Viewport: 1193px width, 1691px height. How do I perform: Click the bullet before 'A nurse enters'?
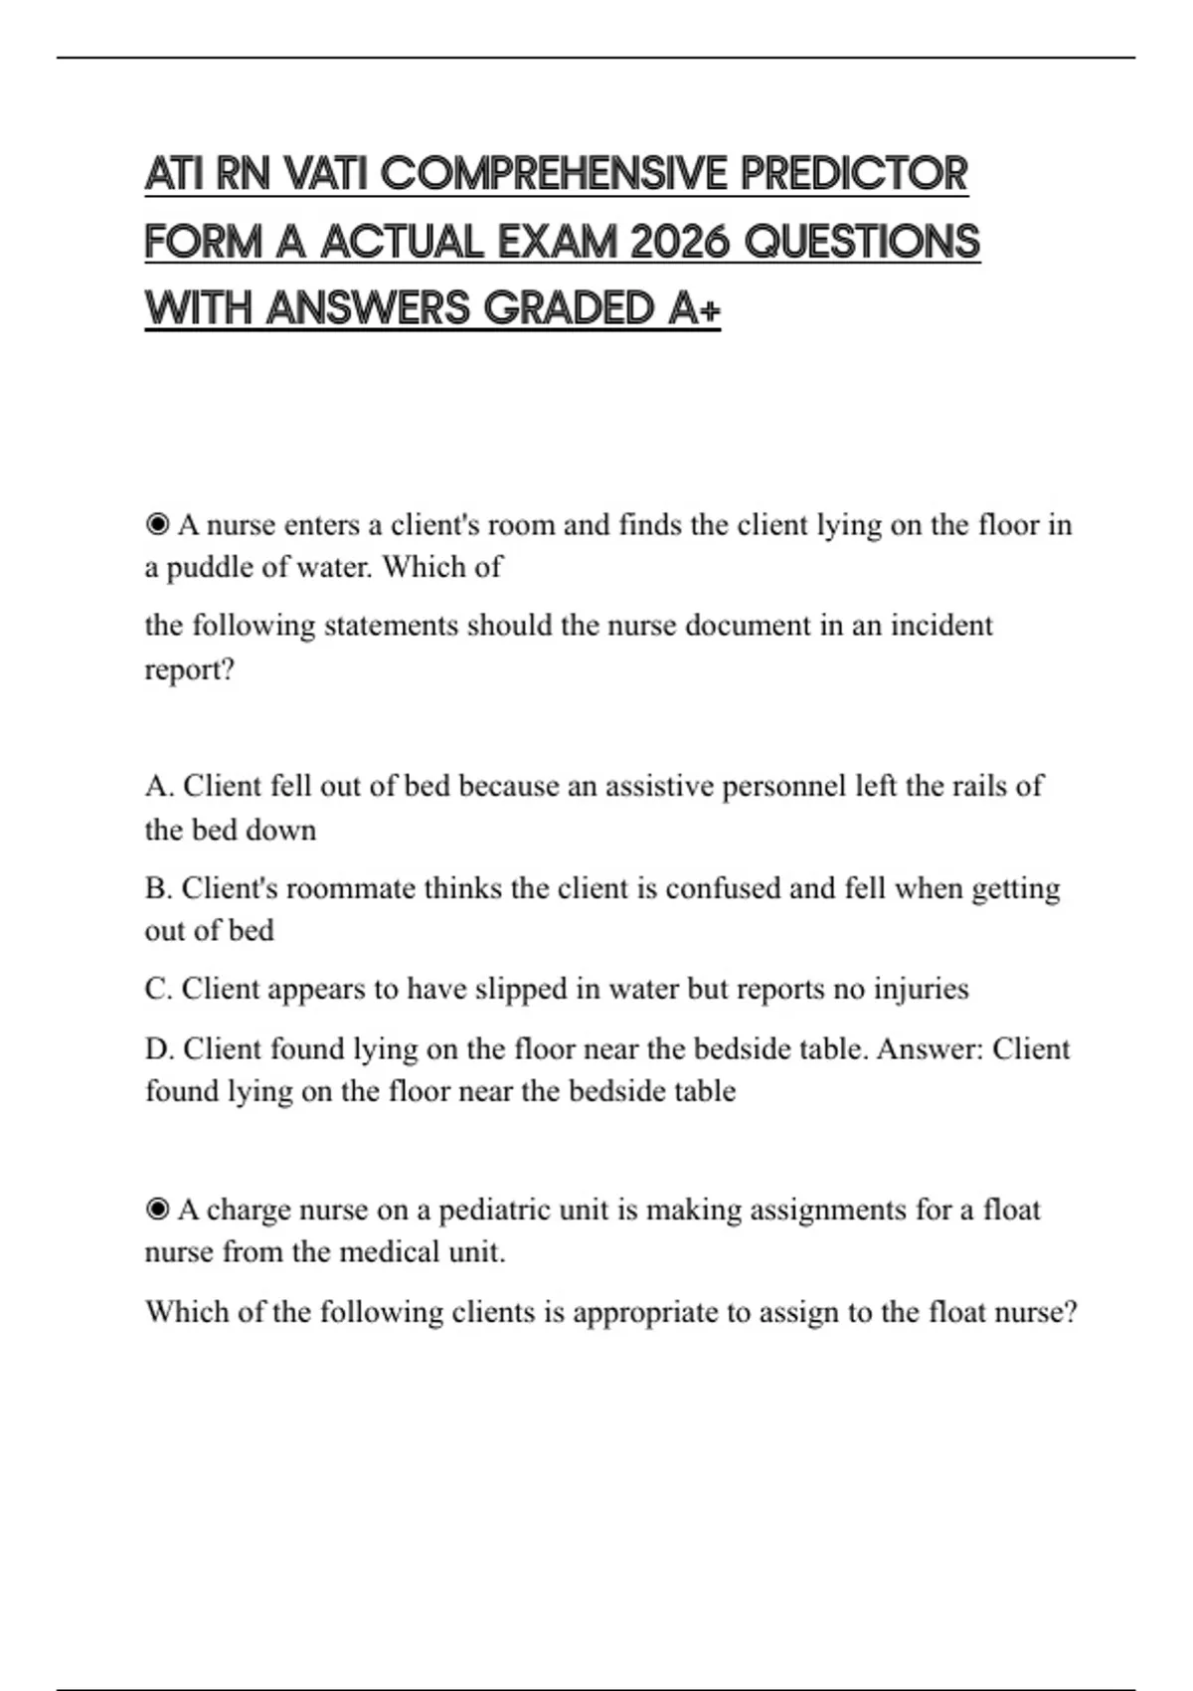[157, 524]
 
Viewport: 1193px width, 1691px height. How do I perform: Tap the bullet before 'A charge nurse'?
[157, 1210]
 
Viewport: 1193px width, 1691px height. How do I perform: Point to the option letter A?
[157, 786]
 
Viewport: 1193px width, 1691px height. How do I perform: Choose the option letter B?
[156, 888]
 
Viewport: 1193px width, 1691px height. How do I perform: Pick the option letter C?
[157, 989]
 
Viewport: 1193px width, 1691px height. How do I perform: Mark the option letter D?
[157, 1048]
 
